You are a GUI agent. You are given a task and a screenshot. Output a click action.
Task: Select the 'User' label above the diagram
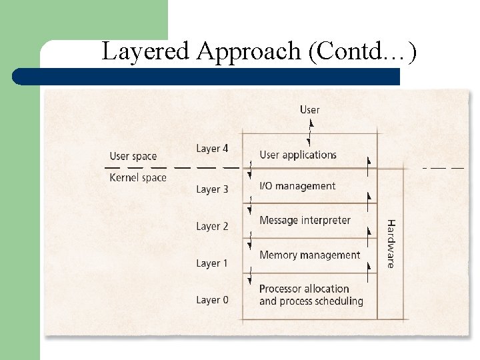click(309, 109)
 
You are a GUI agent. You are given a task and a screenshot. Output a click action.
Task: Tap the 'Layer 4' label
click(212, 148)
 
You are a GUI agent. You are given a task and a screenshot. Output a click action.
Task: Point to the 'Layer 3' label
click(212, 189)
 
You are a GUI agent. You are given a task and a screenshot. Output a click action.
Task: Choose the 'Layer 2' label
click(212, 226)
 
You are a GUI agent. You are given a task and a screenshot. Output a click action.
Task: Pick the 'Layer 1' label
click(212, 263)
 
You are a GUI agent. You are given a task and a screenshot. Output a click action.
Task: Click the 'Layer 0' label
click(212, 300)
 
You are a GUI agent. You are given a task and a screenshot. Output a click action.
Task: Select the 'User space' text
click(133, 156)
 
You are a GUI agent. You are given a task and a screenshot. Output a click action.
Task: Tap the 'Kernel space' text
click(138, 177)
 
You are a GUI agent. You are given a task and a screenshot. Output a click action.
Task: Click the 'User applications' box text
click(298, 155)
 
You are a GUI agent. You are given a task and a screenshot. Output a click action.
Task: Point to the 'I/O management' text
click(297, 186)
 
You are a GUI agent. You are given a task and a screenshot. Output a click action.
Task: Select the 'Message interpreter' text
click(305, 220)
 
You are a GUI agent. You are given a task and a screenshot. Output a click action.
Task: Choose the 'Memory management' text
click(309, 255)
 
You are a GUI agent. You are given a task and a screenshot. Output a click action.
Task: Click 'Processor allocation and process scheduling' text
click(311, 295)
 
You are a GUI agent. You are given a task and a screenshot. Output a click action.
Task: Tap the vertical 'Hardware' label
click(391, 243)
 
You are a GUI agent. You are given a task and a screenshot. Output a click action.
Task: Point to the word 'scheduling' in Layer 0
click(339, 301)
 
